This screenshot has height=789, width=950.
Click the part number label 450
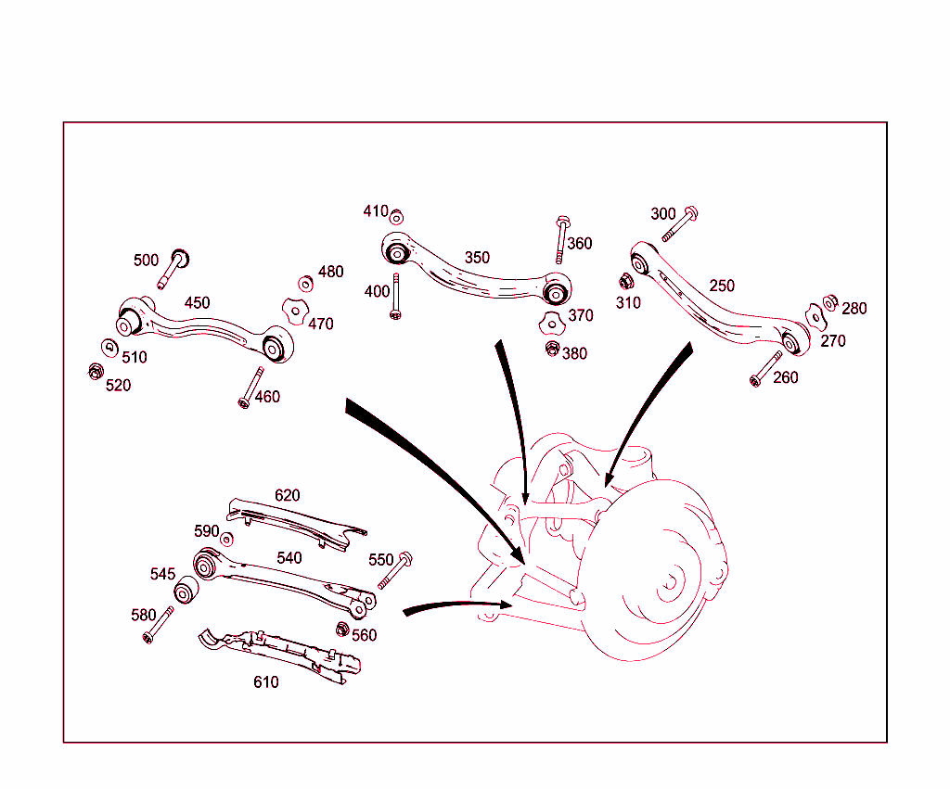tap(197, 303)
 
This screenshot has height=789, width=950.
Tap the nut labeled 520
tap(95, 372)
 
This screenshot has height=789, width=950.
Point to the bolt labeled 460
tap(250, 387)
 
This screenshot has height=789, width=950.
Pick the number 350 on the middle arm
tap(477, 258)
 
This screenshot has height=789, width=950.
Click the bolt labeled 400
tap(396, 297)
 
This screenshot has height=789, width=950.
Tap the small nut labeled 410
tap(396, 217)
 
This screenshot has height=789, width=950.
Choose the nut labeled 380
tap(553, 350)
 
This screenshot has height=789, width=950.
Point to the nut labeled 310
tap(626, 281)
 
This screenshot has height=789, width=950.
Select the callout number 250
tap(722, 286)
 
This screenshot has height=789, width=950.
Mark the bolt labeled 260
tap(766, 368)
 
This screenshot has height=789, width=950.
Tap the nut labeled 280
tap(831, 301)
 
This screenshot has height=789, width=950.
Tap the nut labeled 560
tap(341, 630)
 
